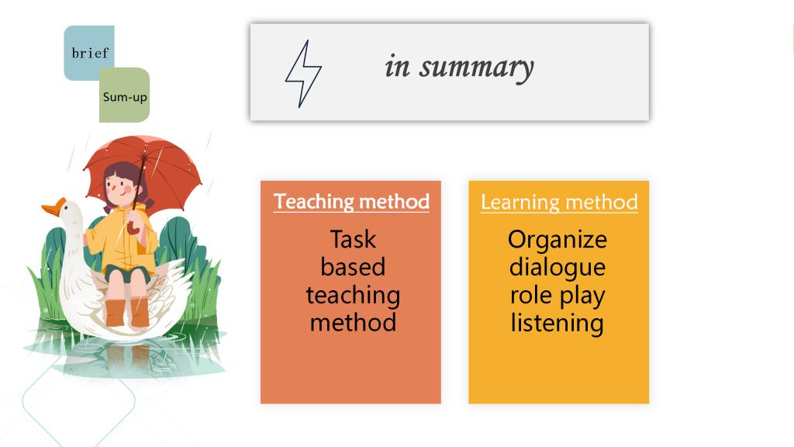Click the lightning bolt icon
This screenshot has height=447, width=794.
coord(303,74)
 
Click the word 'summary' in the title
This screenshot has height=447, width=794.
coord(476,68)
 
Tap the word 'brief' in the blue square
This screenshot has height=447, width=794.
coord(90,53)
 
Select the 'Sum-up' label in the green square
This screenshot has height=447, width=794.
coord(125,97)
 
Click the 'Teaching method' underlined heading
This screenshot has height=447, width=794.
coord(351,202)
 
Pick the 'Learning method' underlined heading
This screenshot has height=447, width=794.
coord(559,203)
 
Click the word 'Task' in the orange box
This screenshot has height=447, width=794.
coord(353,239)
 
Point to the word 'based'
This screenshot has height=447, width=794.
coord(353,267)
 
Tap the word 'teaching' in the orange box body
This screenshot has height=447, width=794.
coord(353,296)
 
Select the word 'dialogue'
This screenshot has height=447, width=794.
coord(558,268)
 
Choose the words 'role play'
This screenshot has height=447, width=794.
coord(558,296)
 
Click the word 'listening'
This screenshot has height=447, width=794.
coord(558,324)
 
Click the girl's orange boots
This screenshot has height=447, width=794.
coord(127,312)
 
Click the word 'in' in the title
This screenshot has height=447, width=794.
coord(397,67)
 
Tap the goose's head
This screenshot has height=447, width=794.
coord(69,213)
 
